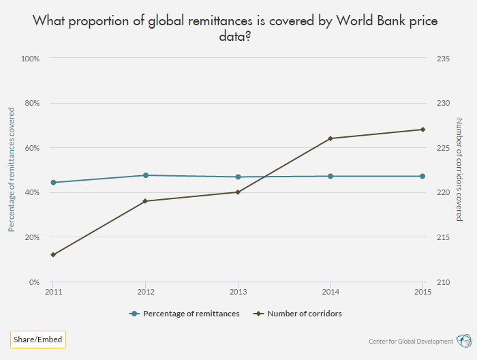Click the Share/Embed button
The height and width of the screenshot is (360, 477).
tap(38, 339)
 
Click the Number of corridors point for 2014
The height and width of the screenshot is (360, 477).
tap(330, 138)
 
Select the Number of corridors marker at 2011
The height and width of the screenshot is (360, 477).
tap(53, 254)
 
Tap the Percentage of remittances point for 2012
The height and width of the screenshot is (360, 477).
tap(145, 175)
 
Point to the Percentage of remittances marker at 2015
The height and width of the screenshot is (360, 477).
tap(422, 176)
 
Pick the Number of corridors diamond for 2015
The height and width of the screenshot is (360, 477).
tap(422, 130)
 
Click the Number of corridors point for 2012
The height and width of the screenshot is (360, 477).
tap(145, 201)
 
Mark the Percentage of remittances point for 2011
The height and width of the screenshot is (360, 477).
tap(53, 182)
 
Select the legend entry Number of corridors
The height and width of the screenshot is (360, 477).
tap(304, 314)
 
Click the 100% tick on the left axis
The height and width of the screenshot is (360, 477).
tap(31, 59)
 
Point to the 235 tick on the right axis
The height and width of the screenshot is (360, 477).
tap(442, 59)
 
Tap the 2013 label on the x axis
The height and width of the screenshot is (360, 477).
tap(238, 292)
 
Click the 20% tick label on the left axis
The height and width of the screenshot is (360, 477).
tap(32, 237)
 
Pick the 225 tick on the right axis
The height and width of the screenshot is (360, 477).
tap(442, 148)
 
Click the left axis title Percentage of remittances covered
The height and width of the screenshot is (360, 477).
tap(12, 170)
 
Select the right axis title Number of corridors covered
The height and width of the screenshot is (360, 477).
tap(459, 170)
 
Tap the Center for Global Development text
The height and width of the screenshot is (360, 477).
tap(410, 341)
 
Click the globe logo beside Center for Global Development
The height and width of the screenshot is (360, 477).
tap(463, 340)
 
